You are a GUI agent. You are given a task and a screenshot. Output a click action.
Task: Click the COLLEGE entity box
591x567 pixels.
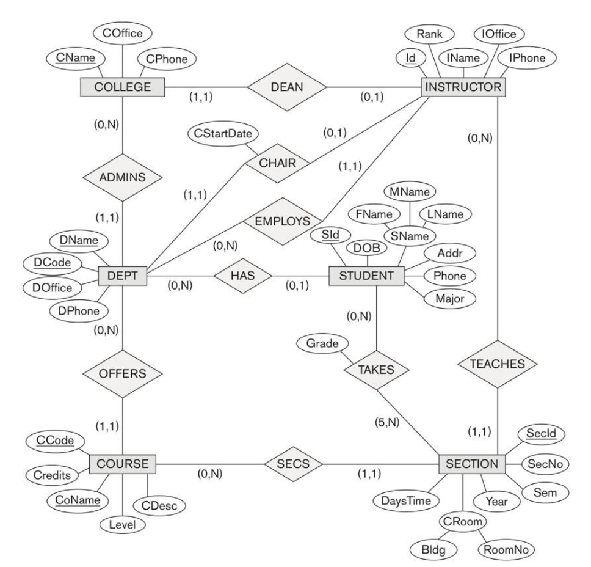click(123, 87)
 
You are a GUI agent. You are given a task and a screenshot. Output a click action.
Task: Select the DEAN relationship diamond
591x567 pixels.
click(286, 87)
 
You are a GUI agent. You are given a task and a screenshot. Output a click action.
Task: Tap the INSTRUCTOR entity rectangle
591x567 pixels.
click(463, 87)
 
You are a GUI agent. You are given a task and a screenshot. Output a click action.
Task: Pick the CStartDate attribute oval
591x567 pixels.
click(223, 132)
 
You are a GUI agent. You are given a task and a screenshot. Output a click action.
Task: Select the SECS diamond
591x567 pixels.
click(294, 464)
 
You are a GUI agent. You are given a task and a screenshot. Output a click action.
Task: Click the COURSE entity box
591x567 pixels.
click(123, 464)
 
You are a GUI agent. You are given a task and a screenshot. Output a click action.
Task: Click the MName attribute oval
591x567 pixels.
click(409, 191)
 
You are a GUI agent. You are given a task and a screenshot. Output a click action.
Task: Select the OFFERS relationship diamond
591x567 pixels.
click(123, 372)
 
